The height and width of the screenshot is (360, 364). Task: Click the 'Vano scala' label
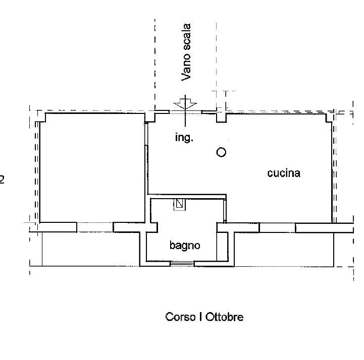point(186,52)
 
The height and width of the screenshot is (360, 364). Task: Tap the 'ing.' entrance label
point(184,138)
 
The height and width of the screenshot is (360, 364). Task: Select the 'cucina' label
point(284,173)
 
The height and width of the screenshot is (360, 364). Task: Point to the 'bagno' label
point(185,246)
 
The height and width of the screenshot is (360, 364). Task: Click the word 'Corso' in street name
point(180,317)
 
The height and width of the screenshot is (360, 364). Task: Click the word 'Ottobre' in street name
point(224,317)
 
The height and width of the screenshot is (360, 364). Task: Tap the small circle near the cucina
point(221,152)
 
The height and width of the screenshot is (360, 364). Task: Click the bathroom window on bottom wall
point(182,264)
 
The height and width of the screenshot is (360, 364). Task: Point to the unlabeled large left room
point(92,168)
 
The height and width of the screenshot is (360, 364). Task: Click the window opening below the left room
point(95,227)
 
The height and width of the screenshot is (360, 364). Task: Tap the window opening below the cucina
point(277,227)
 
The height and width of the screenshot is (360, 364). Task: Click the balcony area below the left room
point(91,249)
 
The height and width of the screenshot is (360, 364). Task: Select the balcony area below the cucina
point(284,250)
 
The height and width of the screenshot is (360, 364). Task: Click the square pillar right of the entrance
point(221,117)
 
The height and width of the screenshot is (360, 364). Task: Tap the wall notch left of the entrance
point(150,117)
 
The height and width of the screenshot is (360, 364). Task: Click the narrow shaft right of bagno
point(223,247)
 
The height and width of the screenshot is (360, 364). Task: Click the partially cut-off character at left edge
point(2,179)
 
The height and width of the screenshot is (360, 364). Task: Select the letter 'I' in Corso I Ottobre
point(200,317)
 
